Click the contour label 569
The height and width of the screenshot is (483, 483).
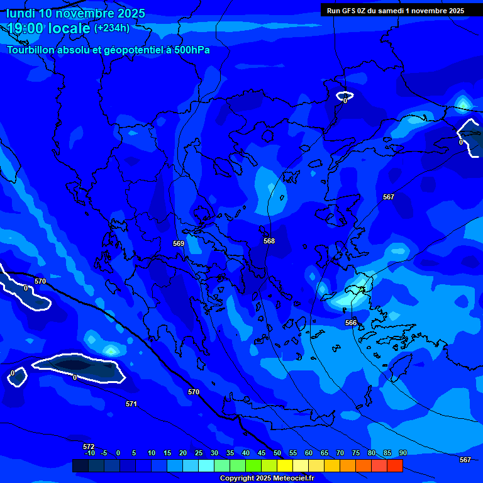pos(179,243)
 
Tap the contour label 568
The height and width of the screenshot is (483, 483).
pos(269,241)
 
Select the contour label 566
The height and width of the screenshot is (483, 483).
pos(351,323)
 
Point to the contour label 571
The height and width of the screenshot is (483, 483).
pos(131,404)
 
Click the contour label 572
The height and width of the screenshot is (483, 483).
pos(89,447)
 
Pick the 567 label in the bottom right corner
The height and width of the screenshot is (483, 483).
pos(465,460)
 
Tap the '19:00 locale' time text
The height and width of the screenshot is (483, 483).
pos(48,28)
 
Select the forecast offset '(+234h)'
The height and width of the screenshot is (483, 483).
pos(112,28)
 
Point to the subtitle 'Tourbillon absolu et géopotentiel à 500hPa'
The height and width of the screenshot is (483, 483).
pos(108,50)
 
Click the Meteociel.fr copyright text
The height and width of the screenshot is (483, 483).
pos(266,478)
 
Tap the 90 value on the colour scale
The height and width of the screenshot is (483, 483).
pos(402,453)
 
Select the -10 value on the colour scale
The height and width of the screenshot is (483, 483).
pos(89,453)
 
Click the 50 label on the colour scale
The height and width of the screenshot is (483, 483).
pos(277,453)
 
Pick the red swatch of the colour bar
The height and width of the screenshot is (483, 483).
pos(394,465)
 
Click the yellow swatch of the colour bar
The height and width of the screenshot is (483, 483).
pos(285,465)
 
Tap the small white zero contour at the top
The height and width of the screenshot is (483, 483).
pos(345,96)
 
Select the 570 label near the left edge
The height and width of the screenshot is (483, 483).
pos(40,281)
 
